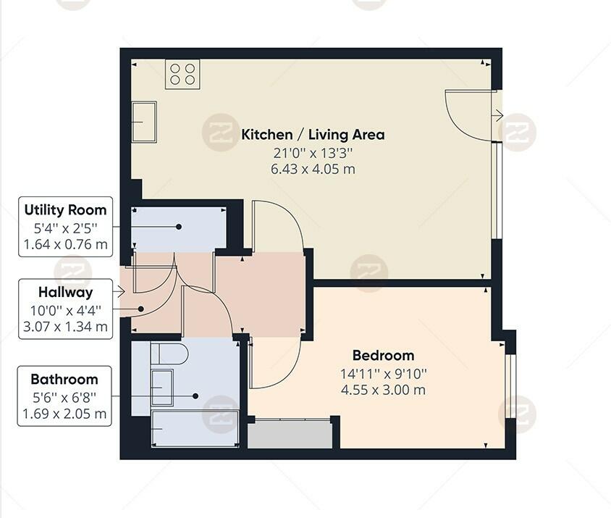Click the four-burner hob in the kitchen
click(182, 74)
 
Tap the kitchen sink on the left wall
click(144, 122)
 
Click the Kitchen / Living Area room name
click(313, 135)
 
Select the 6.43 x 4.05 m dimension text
click(313, 169)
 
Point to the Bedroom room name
click(383, 356)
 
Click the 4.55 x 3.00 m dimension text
click(383, 390)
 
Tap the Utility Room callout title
click(65, 210)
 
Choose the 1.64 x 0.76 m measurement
click(65, 244)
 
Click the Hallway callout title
click(65, 292)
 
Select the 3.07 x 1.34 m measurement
click(65, 326)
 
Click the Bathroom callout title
click(64, 379)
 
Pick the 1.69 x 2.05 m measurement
click(64, 414)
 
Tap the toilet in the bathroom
click(169, 354)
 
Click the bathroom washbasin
click(161, 387)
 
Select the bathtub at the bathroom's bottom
click(194, 428)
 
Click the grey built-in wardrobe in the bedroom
click(290, 434)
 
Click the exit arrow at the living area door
click(497, 115)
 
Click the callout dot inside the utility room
click(179, 227)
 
